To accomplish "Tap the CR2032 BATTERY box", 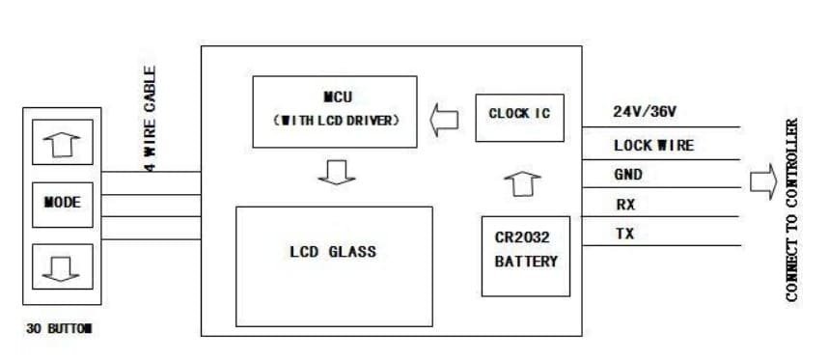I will click(526, 252).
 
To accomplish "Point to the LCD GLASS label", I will click(333, 252).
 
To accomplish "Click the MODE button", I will click(62, 203).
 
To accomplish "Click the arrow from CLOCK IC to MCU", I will click(445, 119).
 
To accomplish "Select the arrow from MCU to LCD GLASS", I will click(335, 172).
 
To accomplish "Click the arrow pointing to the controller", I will click(762, 181).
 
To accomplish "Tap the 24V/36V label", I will click(645, 112).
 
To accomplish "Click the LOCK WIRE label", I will click(653, 146).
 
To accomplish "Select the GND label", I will click(628, 175).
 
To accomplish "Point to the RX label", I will click(624, 205).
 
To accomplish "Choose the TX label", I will click(624, 234).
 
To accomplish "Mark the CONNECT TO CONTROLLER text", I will click(792, 210).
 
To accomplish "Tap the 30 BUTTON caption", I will click(59, 328).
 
